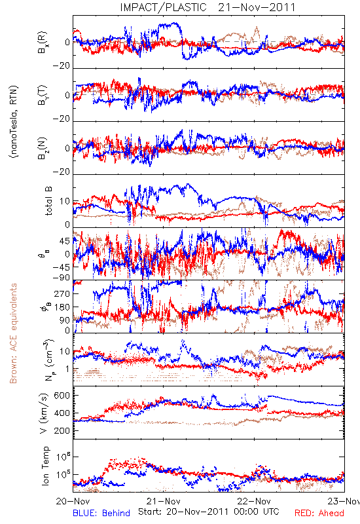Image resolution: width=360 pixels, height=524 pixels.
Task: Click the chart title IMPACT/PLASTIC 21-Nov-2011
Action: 207,7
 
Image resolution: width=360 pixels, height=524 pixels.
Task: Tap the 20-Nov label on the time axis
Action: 73,501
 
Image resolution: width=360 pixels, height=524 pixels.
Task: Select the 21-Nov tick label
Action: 164,501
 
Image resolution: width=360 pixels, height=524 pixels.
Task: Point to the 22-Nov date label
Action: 254,501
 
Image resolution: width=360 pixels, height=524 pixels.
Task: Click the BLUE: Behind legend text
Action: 101,514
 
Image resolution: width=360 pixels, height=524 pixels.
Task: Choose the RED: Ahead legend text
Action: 319,514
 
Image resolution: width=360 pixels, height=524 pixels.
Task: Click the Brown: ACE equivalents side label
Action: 13,333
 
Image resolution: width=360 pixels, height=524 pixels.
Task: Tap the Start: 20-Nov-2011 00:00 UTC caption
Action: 209,512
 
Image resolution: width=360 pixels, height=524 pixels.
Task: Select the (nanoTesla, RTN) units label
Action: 13,122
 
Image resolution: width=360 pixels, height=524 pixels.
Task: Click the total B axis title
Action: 48,201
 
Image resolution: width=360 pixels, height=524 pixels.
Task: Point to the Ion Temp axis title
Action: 45,466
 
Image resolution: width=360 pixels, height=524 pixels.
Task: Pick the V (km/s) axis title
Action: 45,413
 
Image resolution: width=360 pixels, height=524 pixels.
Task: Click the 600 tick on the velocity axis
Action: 62,396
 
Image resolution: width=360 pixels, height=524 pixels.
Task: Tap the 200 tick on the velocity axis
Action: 62,431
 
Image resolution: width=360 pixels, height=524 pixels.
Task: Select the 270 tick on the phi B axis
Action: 62,294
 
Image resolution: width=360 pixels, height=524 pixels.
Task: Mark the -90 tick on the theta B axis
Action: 61,278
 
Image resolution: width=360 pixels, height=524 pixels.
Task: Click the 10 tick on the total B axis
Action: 65,201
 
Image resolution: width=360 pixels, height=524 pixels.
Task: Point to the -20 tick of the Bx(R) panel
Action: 61,66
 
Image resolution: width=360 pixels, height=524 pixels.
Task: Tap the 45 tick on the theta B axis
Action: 65,241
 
